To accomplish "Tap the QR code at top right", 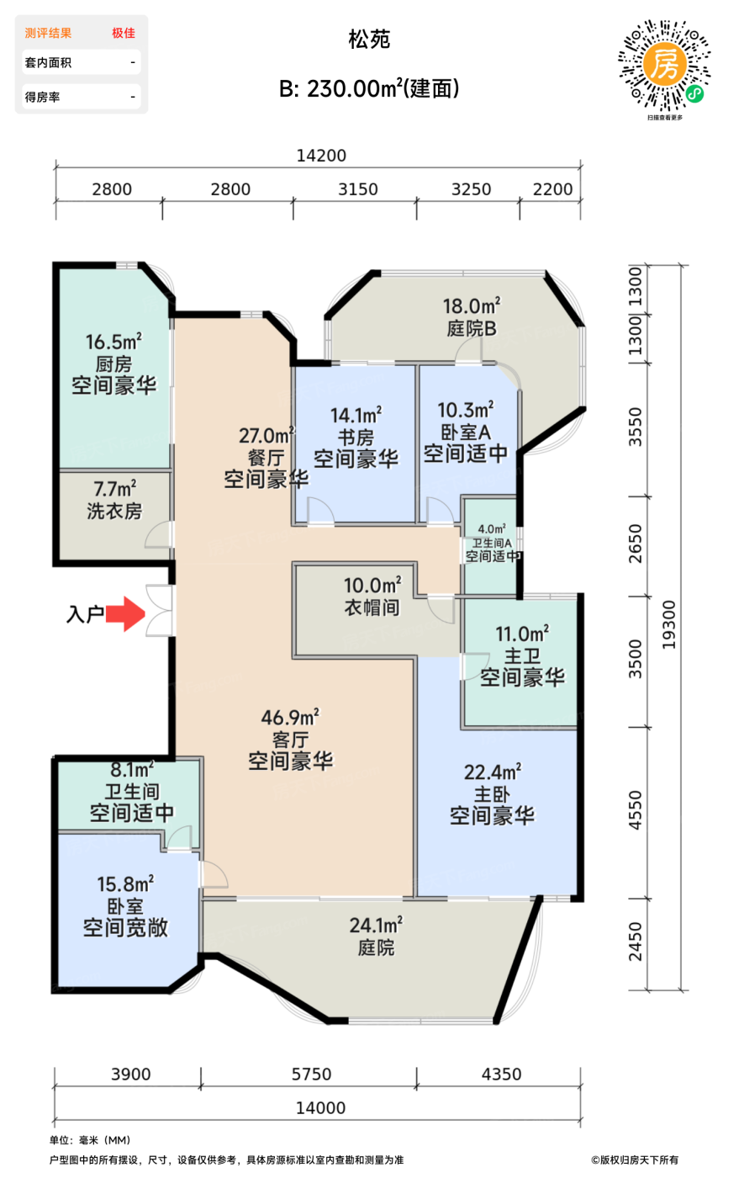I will tap(664, 66).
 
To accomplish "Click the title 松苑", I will tap(369, 40).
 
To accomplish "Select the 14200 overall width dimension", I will tap(321, 156).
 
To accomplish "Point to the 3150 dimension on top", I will tap(358, 189).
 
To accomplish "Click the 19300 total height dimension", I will tap(669, 624).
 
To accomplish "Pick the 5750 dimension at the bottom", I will tap(311, 1075).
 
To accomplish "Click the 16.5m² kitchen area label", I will tap(113, 342).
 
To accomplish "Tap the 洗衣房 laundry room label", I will tap(114, 511).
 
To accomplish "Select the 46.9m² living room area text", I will tap(290, 718).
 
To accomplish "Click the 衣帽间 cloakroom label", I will tap(372, 608).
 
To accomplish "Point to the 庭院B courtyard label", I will tap(472, 329).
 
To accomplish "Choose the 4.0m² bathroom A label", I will tap(492, 529).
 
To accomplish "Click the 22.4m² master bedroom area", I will tap(493, 772).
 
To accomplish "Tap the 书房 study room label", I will tap(356, 438).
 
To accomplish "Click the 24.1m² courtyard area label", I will tap(376, 926).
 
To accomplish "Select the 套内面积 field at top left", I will tap(49, 62).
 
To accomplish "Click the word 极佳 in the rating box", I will tap(124, 33).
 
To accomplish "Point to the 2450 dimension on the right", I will tap(636, 942).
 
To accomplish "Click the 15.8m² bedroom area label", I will tap(125, 884).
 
